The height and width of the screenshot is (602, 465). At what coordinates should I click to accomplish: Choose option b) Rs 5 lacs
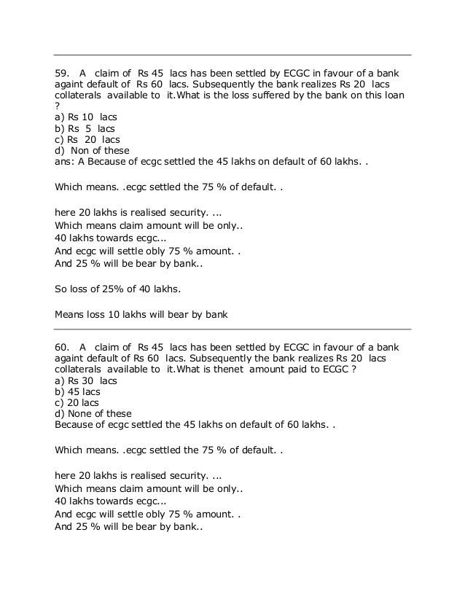85,129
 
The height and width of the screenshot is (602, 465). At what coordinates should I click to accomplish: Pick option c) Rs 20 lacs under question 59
87,140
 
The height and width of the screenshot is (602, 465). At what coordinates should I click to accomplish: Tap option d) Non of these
92,151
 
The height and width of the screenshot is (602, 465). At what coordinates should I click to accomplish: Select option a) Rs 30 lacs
86,380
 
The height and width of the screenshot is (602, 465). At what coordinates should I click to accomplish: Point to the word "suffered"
302,96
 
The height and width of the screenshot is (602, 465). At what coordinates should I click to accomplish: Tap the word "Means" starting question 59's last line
71,316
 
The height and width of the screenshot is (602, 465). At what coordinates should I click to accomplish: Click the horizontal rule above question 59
232,55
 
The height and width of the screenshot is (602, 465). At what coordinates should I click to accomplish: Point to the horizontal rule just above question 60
232,329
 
